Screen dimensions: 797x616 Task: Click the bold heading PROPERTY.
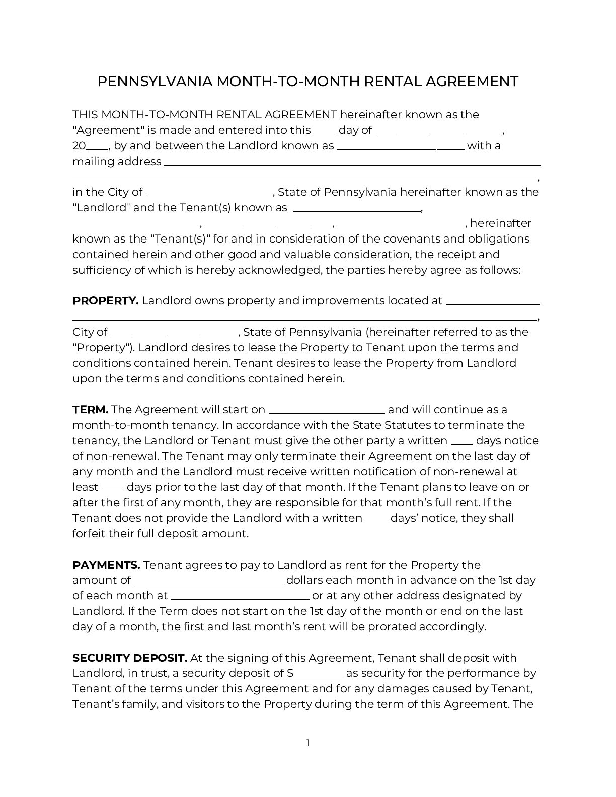[x=105, y=301]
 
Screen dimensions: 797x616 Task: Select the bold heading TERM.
[x=90, y=410]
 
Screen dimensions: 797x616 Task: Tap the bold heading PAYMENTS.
[x=106, y=565]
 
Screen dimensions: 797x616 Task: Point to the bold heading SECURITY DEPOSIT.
[x=130, y=658]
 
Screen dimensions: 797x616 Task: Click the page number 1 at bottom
[x=308, y=743]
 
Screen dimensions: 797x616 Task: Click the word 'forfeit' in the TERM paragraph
[x=89, y=534]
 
